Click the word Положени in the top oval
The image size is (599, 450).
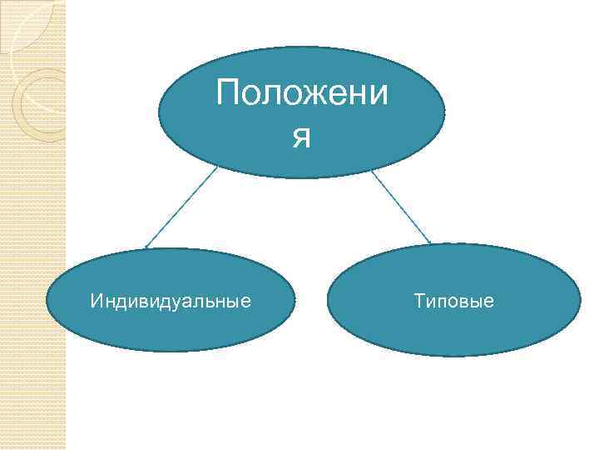(301, 93)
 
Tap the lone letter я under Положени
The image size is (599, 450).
(301, 137)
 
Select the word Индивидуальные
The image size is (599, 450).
(171, 300)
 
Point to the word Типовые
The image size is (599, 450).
(453, 300)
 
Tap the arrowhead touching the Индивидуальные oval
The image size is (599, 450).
(147, 247)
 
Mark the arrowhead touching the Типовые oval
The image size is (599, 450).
(428, 242)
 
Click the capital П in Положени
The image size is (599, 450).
(227, 93)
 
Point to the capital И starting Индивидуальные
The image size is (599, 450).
(96, 300)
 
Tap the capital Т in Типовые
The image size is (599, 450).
(418, 300)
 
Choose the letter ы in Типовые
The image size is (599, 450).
(475, 301)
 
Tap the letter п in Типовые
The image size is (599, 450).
(440, 301)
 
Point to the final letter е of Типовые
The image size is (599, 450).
(488, 301)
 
